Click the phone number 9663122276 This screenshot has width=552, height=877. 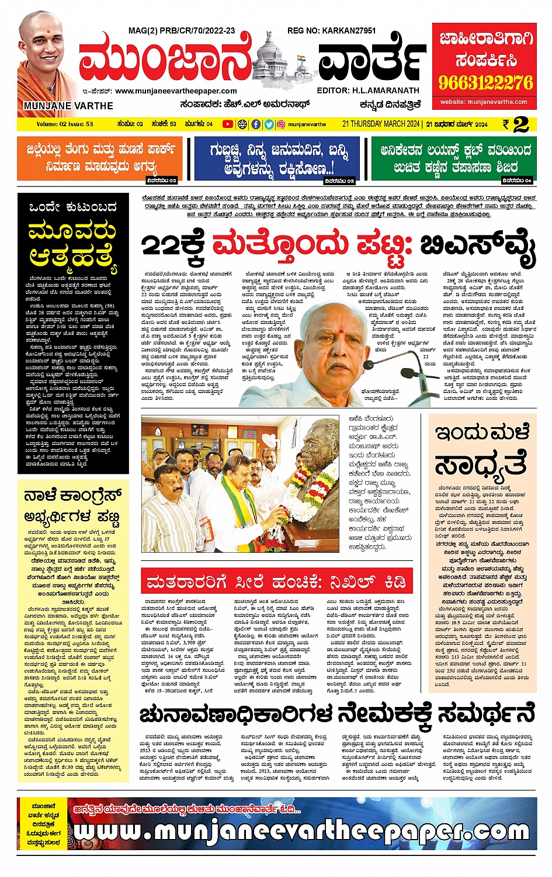(486, 82)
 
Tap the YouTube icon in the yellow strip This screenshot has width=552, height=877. (227, 124)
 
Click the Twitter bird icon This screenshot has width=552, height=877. (269, 124)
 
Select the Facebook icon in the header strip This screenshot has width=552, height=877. (256, 124)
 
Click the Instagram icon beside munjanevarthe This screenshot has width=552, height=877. (281, 124)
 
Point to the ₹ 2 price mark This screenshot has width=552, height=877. (516, 124)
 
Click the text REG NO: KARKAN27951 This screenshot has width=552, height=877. (331, 30)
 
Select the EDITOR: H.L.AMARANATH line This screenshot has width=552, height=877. (368, 91)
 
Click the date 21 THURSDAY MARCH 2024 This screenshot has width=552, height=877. (381, 124)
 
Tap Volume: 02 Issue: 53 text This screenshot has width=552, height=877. (65, 124)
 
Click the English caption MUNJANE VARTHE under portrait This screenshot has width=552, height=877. (68, 106)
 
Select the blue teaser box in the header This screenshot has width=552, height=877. (276, 159)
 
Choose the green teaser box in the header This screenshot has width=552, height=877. (453, 159)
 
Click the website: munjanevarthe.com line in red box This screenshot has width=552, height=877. (484, 102)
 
